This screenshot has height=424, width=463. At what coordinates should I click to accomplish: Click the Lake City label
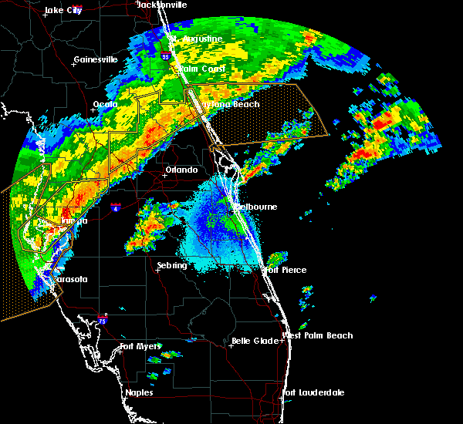63,10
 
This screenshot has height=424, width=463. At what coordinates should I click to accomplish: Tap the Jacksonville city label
161,5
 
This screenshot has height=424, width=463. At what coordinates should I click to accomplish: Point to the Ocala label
105,104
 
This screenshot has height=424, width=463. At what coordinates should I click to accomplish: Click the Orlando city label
181,170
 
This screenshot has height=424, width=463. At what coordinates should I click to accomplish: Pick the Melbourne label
255,207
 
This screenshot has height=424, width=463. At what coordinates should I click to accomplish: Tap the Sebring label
171,265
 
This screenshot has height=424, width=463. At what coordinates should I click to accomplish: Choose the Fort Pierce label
285,270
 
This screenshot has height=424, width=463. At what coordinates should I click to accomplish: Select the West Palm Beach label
318,335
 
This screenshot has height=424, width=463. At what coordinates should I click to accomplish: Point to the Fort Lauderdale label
314,392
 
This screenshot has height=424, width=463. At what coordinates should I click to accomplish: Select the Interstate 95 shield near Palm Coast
165,56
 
